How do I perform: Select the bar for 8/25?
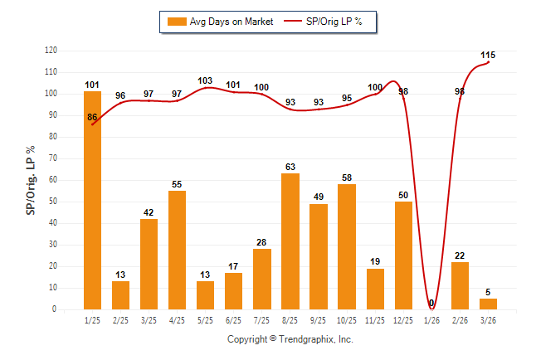coord(290,241)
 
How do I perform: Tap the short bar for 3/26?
coord(488,304)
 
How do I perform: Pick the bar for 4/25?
coord(178,250)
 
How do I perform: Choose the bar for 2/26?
coord(460,285)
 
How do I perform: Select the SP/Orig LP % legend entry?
coord(328,22)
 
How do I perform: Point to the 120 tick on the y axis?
coord(51,51)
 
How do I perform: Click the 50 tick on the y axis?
coord(53,202)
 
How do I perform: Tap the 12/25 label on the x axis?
coord(403,319)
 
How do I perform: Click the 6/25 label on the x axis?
coord(234,319)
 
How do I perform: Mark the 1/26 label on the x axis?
coord(431,319)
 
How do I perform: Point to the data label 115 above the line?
coord(488,56)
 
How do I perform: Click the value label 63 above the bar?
coord(290,167)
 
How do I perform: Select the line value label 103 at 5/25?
coord(206,80)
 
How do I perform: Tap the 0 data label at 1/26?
coord(431,304)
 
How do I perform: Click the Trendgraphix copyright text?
coord(290,339)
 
